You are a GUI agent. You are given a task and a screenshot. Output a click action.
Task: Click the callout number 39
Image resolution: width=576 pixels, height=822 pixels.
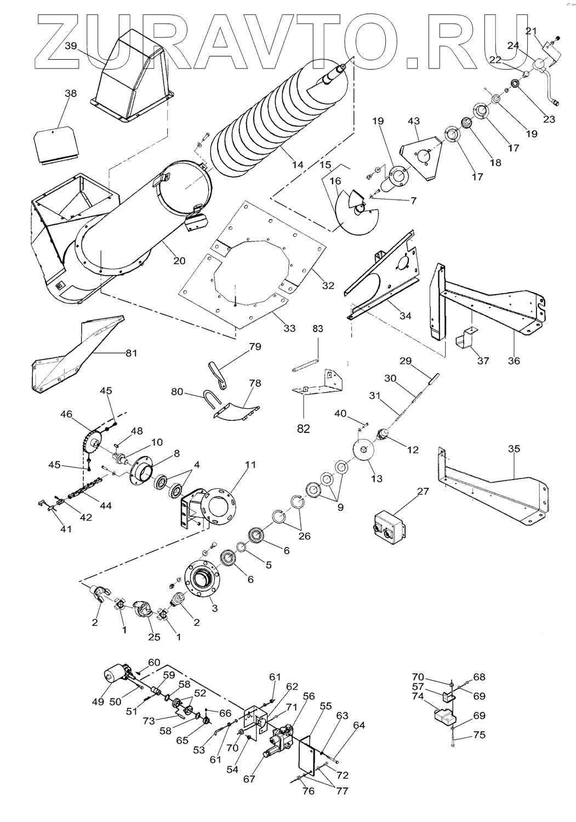point(70,45)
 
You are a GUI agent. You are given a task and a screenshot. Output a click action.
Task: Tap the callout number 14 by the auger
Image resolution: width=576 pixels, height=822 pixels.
point(298,164)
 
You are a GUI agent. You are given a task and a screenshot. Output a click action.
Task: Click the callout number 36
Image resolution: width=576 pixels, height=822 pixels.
point(514,361)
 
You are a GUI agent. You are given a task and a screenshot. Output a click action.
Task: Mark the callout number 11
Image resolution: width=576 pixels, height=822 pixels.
point(250,465)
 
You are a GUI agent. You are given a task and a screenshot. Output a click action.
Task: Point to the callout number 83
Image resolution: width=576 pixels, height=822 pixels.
point(318,329)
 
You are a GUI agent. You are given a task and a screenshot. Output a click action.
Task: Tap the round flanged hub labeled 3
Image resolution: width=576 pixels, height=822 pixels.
point(202,581)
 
